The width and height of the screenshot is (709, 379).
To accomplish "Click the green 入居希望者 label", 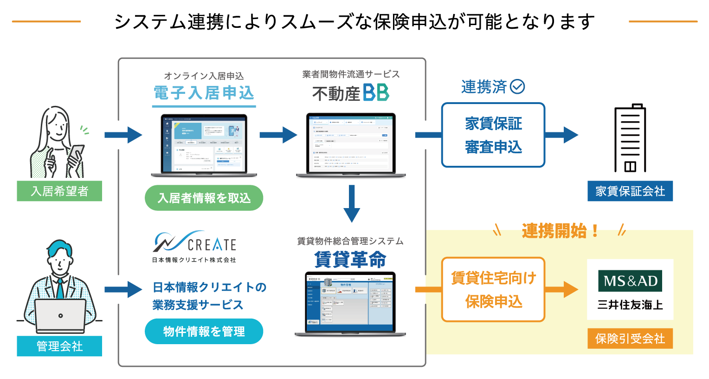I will click(59, 191).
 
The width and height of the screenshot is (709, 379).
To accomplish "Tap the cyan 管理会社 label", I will click(59, 346).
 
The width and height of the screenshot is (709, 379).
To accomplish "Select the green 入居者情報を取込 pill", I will click(204, 198).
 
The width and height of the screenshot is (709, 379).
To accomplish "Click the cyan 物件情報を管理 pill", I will click(204, 331).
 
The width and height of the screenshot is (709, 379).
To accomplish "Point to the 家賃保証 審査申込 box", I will click(493, 135).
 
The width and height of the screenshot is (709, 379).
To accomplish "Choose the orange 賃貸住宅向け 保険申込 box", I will click(493, 289).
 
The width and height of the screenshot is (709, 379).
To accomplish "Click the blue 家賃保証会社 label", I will click(630, 191).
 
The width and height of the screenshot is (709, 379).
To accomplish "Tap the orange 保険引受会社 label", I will click(630, 339).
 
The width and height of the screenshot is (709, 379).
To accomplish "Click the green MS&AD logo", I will click(630, 281).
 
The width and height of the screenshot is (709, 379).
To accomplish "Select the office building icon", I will click(630, 138).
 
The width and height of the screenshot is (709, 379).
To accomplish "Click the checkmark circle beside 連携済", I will click(517, 86).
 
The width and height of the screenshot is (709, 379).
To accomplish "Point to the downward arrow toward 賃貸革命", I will click(352, 203).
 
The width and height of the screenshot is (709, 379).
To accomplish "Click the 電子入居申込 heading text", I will click(204, 93).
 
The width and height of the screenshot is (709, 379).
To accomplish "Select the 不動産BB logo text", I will click(350, 93).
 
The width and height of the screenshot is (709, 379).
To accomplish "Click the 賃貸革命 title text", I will click(350, 259).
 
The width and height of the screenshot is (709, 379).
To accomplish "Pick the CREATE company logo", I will click(194, 246).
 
